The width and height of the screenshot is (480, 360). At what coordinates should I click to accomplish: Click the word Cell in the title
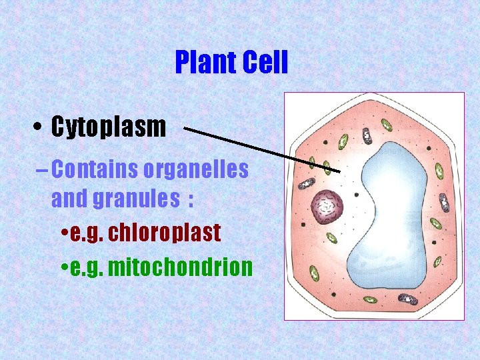(264, 63)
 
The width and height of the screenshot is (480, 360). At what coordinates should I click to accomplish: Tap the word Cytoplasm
(109, 127)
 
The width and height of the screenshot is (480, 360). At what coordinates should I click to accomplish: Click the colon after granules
(191, 199)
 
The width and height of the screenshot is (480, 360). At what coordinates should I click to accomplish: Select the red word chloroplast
(164, 233)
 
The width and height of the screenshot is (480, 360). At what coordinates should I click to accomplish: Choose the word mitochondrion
(180, 267)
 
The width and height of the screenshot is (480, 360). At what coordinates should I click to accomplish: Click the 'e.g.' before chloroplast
(85, 233)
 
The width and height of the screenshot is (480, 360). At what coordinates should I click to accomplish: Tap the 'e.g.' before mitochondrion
(85, 267)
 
